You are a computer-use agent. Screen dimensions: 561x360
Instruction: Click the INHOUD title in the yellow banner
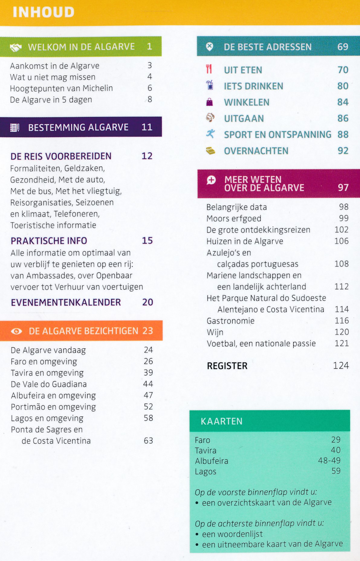point(44,12)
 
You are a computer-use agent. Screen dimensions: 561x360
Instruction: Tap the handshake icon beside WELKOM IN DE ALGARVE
point(16,47)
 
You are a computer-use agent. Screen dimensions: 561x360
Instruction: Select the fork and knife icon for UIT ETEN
point(209,69)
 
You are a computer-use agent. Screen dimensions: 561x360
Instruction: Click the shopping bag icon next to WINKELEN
point(209,102)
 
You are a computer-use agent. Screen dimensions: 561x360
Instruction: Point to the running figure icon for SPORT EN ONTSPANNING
point(210,134)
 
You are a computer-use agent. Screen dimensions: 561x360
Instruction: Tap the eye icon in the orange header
point(16,331)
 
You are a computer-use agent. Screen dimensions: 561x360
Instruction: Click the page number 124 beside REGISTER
point(341,366)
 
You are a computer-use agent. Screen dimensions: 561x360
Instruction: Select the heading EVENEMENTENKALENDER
point(66,302)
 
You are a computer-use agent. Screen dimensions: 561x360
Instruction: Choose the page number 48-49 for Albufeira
point(329,460)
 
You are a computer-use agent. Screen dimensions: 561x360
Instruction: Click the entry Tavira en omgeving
point(47,373)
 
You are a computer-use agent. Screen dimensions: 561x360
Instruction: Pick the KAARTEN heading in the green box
point(222,421)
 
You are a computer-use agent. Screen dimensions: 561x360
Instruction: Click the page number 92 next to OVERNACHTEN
point(343,151)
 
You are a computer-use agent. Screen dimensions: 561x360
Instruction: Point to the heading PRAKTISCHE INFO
point(49,241)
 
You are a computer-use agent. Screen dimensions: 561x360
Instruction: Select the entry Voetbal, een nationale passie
point(261,343)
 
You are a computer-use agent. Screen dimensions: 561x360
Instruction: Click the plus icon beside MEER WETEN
point(211,180)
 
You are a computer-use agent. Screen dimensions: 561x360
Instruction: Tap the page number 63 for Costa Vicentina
point(148,441)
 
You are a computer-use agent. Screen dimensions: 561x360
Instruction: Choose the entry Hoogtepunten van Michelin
point(61,88)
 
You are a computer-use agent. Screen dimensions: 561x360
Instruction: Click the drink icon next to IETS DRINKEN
point(210,85)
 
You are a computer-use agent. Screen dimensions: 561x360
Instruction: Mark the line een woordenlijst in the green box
point(232,534)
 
